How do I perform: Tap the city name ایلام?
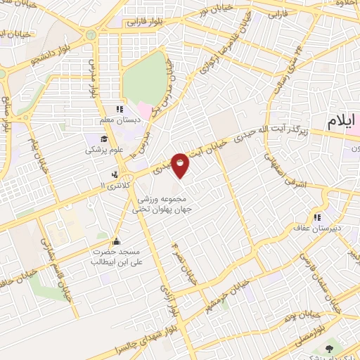click(x=342, y=122)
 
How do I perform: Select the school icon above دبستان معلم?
click(x=120, y=109)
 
